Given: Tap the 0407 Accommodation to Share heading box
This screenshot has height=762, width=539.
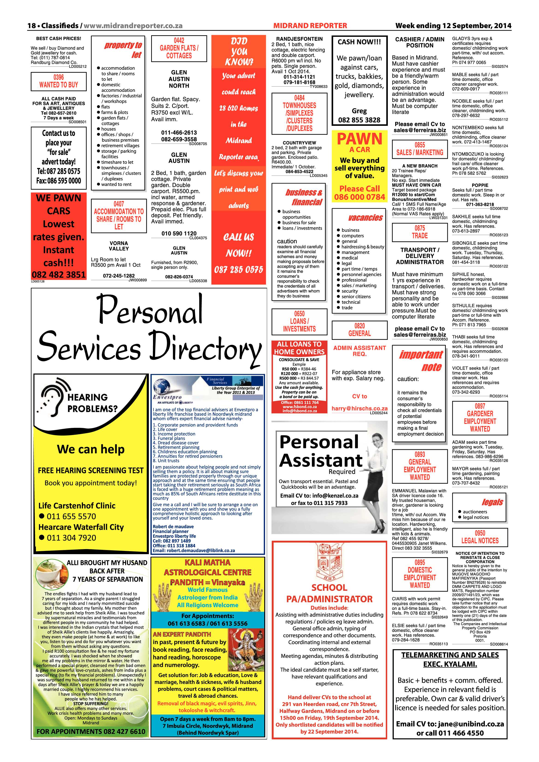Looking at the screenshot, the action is [119, 215].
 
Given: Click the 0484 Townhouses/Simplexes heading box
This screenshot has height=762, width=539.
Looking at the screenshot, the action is [299, 113].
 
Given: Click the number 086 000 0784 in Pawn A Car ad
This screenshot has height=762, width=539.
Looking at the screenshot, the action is [359, 197].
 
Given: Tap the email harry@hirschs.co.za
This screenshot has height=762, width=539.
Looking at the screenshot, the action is [359, 409].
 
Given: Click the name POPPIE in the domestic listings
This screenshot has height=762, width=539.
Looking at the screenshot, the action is [480, 185].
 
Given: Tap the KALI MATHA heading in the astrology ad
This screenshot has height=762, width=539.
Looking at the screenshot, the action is [207, 562].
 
